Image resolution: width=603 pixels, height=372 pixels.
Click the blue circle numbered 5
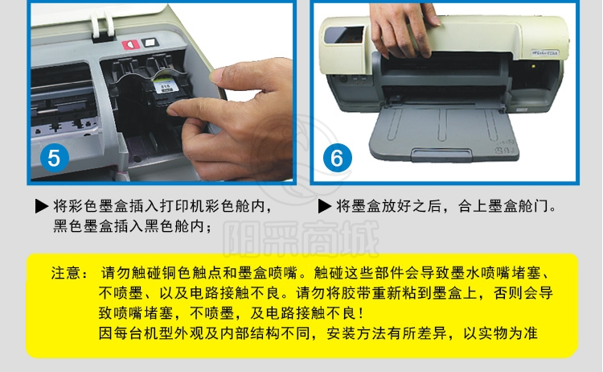pos(54,158)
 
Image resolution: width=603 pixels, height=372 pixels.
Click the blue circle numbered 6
pos(337,158)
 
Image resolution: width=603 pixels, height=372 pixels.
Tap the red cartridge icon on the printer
pos(131,44)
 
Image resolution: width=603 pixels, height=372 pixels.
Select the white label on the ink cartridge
pos(166,86)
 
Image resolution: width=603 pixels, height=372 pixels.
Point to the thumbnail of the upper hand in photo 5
pos(219,76)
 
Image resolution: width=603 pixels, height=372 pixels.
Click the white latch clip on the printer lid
pos(102,27)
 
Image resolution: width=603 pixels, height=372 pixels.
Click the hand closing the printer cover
pos(402,30)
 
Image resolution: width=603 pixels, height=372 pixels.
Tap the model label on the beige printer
pos(545,52)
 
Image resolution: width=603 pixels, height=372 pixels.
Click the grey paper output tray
pos(442,133)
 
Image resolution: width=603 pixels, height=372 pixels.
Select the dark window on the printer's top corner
pos(344,35)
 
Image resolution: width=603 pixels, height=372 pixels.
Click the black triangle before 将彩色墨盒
pos(41,206)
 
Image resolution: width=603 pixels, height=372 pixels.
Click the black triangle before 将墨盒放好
pos(325,206)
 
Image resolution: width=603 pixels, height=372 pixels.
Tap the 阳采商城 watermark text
pos(301,239)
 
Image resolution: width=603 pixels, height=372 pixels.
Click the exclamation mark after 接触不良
pos(361,313)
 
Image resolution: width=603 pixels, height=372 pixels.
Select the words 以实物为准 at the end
pos(500,333)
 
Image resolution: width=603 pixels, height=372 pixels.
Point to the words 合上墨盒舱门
pos(503,206)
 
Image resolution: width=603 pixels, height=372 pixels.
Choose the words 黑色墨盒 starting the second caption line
pos(83,226)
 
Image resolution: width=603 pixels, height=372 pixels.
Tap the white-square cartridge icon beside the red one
pos(150,42)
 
